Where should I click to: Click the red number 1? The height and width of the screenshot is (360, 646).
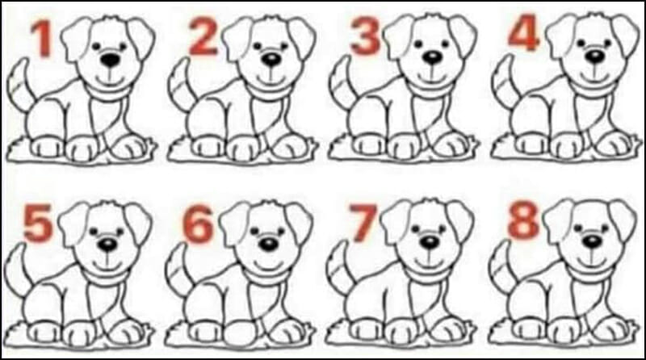point(43,39)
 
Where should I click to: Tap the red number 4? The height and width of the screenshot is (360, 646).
point(523,32)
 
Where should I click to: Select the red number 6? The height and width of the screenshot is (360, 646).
point(198,224)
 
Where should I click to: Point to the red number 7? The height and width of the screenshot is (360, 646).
point(363,223)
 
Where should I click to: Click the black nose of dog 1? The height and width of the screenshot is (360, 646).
point(111,61)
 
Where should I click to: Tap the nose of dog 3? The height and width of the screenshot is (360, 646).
point(433,57)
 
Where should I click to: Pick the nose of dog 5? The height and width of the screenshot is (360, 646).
point(107,245)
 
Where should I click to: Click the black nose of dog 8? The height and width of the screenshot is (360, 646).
point(593,242)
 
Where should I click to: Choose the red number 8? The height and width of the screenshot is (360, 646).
point(523,221)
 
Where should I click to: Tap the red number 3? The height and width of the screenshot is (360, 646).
point(365,36)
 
